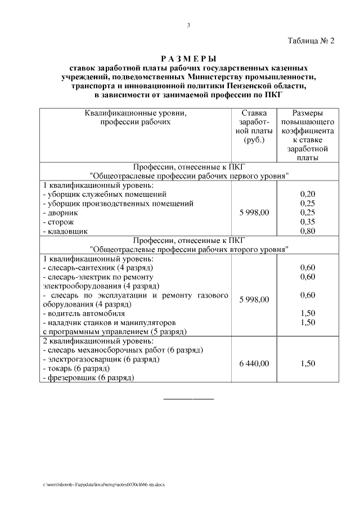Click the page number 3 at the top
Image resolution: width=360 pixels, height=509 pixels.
coord(188,25)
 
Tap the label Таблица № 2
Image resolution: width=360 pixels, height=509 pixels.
coord(310,41)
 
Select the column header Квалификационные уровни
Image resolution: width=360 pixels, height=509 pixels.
coord(135,112)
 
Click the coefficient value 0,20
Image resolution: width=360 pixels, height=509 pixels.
coord(308,194)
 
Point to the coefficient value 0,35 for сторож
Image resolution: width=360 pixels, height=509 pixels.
coord(308,222)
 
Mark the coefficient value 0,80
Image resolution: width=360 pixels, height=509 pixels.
coord(308,231)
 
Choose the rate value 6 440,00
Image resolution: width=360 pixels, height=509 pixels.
coord(254,364)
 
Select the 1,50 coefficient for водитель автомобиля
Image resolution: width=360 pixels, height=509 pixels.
coord(308,313)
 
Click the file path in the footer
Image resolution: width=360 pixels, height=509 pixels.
coord(103,484)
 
